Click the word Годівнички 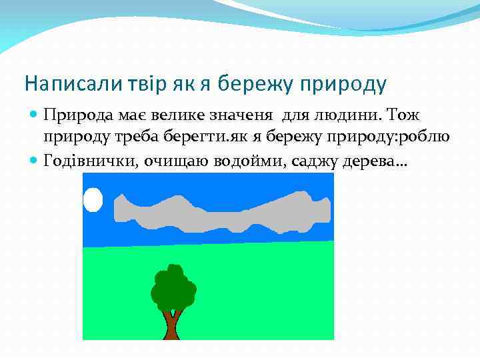coord(89,160)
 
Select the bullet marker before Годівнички coord(34,160)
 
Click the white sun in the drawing coord(93,199)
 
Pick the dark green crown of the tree coord(173,287)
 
